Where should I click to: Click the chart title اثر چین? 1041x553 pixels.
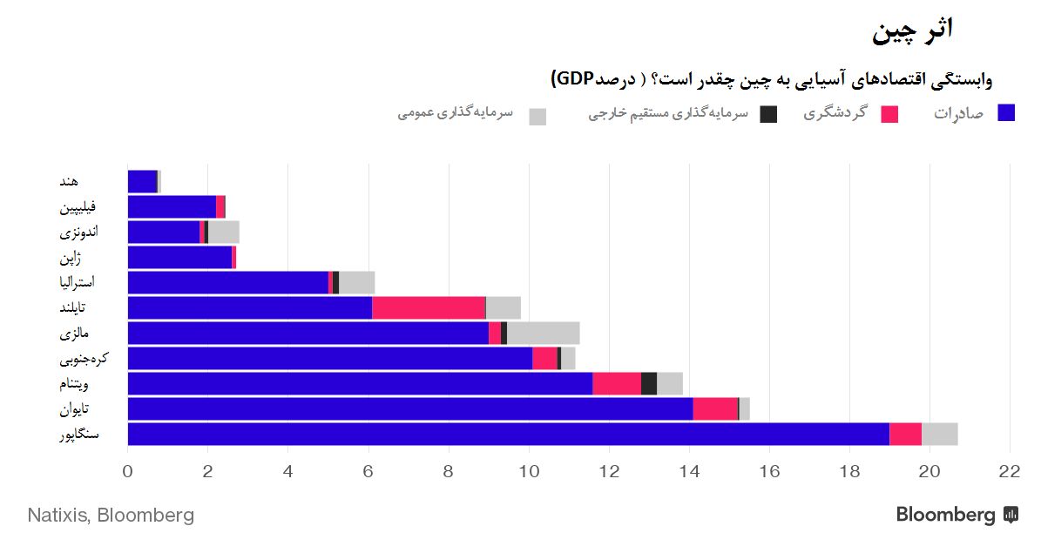(913, 30)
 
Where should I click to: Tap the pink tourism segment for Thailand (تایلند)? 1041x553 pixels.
(429, 307)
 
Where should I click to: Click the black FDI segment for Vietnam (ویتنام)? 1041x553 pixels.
(648, 383)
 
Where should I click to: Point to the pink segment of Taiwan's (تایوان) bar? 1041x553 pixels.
(715, 408)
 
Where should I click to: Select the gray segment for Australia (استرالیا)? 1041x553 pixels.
(356, 282)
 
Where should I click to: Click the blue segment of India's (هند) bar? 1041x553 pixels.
(142, 181)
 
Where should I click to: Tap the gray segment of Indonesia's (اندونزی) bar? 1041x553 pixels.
(224, 232)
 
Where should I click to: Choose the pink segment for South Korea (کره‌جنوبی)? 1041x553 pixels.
(544, 358)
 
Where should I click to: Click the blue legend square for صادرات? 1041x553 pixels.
(1006, 112)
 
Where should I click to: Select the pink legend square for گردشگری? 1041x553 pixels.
(889, 114)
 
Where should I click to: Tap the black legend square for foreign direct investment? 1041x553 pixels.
(768, 114)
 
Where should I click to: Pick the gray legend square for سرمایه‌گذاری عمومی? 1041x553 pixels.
(537, 117)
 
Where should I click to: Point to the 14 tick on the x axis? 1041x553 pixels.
(689, 472)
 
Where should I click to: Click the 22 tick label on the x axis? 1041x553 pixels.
(1009, 472)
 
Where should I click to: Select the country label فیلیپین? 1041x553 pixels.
(78, 207)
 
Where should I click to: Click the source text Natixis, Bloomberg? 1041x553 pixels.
(111, 515)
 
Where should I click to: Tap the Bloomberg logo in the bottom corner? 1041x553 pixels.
(957, 515)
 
